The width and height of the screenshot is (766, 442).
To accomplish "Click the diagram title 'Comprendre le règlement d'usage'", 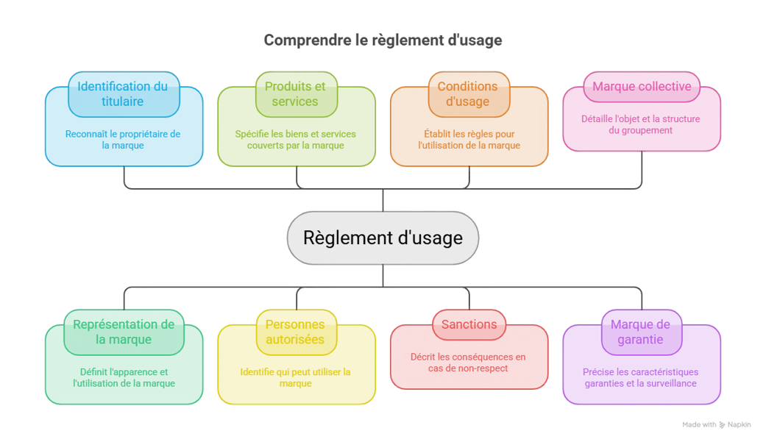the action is click(383, 40).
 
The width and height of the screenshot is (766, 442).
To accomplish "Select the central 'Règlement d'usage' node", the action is click(383, 238).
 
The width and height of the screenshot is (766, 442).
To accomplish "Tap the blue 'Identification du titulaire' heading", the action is click(123, 94).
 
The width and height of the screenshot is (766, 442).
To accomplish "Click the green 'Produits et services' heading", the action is click(295, 94).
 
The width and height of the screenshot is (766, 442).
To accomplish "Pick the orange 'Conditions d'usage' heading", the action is click(467, 94).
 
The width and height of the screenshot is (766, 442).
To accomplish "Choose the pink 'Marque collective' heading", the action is click(642, 87).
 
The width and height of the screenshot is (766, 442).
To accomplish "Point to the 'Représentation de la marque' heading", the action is click(124, 332).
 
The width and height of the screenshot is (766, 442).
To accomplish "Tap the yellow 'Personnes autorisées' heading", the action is click(295, 332).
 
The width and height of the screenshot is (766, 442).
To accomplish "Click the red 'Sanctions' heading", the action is click(469, 324).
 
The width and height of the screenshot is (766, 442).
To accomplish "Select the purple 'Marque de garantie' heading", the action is click(640, 332).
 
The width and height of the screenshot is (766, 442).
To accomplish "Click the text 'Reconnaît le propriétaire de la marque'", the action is click(123, 140).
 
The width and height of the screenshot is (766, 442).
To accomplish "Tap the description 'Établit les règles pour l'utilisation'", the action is click(469, 140).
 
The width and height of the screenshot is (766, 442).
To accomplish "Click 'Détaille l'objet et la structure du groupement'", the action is click(640, 124).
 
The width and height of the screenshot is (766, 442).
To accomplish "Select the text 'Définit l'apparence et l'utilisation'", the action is click(124, 377).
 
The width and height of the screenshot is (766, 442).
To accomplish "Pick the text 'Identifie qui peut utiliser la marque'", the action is click(296, 377).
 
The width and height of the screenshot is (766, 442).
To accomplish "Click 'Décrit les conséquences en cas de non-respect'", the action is click(468, 363).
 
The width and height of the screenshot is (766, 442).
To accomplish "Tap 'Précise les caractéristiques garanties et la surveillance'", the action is click(640, 377).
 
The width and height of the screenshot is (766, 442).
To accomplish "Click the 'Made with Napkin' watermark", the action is click(716, 425).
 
